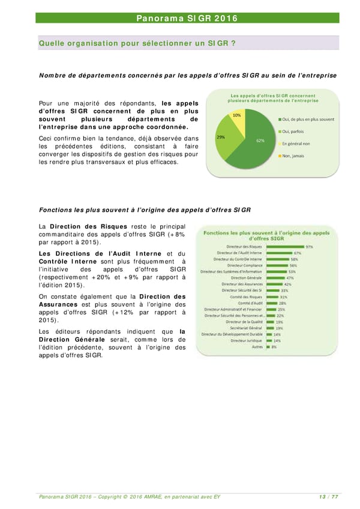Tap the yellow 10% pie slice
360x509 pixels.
coord(237,118)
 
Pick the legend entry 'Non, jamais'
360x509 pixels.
coord(293,156)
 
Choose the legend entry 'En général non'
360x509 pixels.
coord(295,143)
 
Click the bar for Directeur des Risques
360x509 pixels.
coord(285,246)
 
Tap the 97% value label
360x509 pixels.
coord(309,246)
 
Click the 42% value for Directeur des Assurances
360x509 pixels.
coord(287,285)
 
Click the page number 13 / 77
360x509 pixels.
coord(328,496)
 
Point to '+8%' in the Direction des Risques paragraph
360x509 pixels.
coord(177,234)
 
